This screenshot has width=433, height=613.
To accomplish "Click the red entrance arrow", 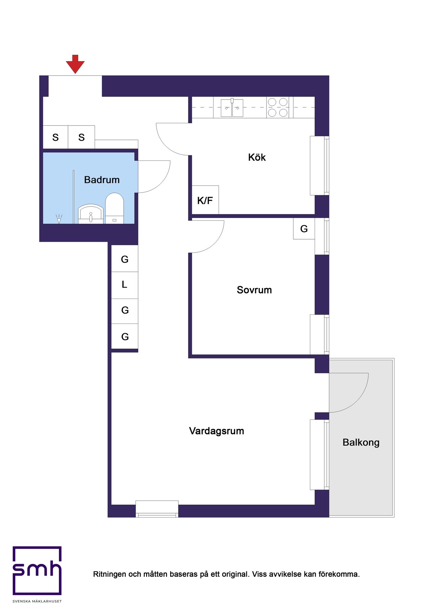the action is [x=75, y=64].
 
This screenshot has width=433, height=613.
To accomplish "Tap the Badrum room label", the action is [x=102, y=180].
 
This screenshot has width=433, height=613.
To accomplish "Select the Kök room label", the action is [x=257, y=157].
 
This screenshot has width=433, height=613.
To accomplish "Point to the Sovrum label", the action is [x=254, y=290].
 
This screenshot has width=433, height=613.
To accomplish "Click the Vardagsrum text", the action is [x=216, y=431].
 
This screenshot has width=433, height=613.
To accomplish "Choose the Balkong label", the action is [x=361, y=442].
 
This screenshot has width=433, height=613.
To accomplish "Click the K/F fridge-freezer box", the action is [x=205, y=200].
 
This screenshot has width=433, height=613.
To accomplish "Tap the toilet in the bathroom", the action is [x=114, y=208].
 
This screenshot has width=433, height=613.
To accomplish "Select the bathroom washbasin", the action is [x=91, y=214].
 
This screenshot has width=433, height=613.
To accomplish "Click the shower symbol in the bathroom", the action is [x=59, y=219].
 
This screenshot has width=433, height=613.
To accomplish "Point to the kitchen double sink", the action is [x=232, y=108].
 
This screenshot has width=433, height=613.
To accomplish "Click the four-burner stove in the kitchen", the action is [x=278, y=107].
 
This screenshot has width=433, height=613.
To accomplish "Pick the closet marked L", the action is [x=125, y=285].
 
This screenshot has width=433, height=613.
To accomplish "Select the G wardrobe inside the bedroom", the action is [x=304, y=228].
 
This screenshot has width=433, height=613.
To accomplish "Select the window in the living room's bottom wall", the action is [x=157, y=509].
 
